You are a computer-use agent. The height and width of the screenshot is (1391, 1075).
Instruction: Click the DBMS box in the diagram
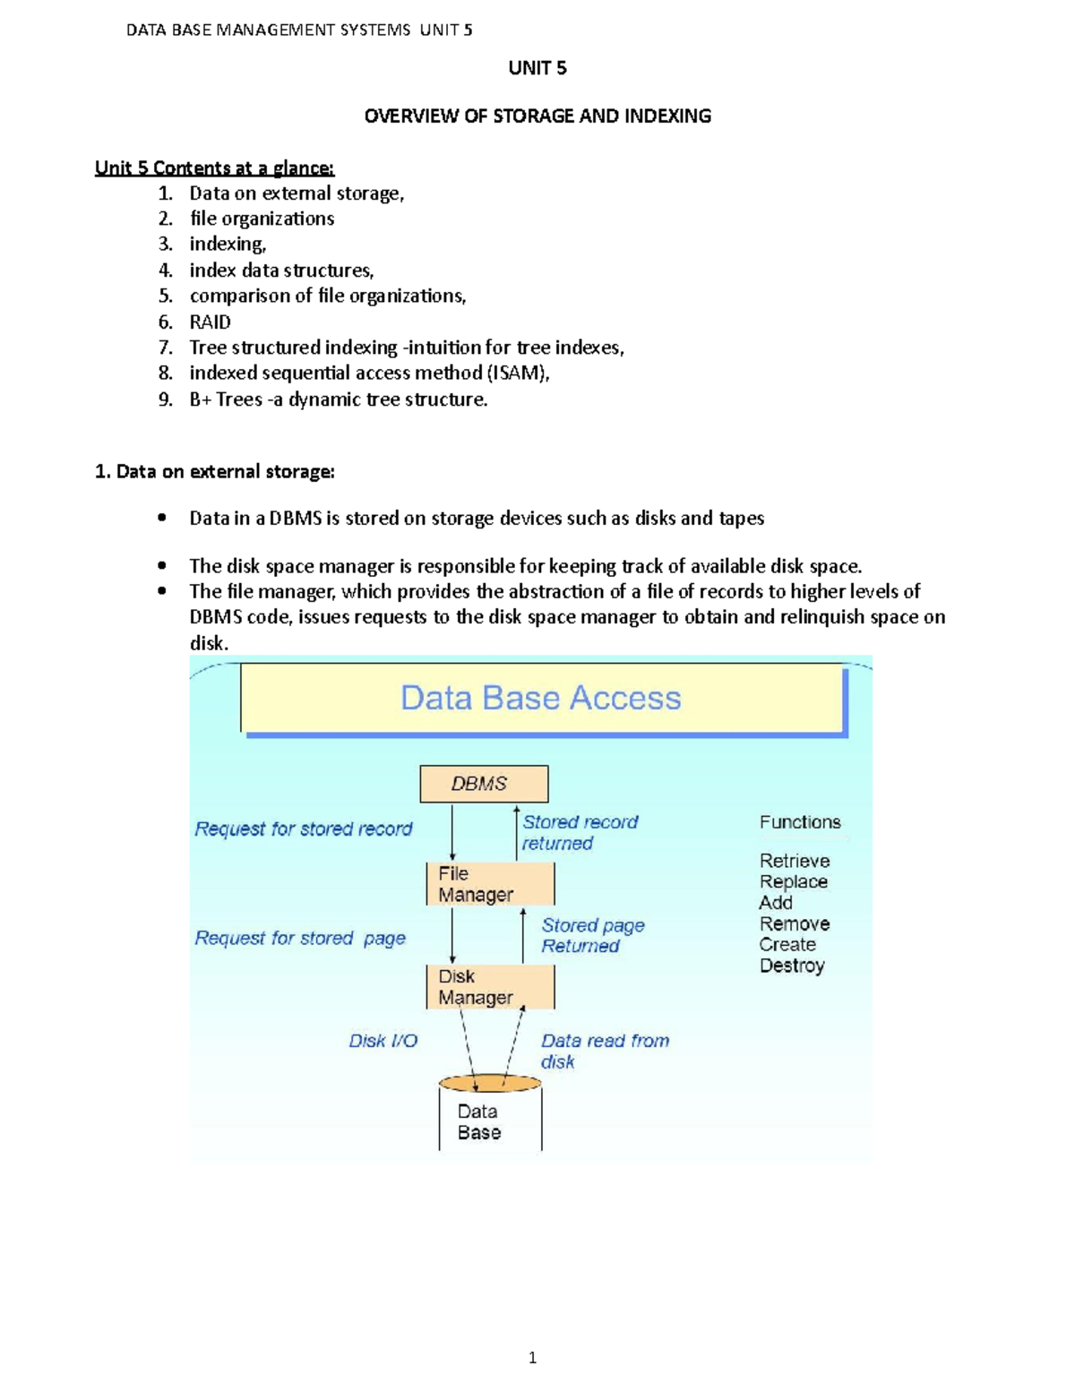pos(484,784)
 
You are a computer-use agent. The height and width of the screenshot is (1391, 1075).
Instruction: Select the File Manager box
pos(490,884)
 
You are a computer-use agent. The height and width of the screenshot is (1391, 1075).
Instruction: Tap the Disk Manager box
pos(490,987)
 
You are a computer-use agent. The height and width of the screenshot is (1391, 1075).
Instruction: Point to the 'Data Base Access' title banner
pos(542,699)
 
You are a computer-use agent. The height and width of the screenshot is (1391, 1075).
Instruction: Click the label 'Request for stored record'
pos(304,829)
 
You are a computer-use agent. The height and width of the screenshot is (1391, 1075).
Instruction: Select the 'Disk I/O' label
pos(383,1041)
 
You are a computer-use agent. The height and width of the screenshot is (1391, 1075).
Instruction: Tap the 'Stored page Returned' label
pos(592,936)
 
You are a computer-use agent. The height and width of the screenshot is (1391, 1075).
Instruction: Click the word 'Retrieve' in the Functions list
pos(795,861)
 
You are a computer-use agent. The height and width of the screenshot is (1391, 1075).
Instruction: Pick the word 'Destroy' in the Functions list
pos(792,966)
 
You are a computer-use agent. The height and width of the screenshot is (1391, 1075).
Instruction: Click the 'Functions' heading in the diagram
pos(800,822)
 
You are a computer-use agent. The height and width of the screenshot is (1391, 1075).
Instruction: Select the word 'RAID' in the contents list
pos(210,322)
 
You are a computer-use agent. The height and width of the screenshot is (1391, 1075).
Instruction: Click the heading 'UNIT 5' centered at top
pos(537,68)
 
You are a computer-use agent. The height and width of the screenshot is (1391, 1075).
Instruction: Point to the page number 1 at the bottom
pos(533,1358)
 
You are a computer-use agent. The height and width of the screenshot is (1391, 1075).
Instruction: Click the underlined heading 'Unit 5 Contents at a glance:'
pos(214,168)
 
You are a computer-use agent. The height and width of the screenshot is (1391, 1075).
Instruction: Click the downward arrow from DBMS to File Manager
pos(452,833)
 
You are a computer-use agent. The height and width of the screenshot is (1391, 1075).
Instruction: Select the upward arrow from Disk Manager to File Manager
pos(523,936)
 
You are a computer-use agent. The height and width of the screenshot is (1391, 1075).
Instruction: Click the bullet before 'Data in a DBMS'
pos(161,518)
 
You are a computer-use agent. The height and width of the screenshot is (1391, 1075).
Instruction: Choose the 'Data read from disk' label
pos(604,1051)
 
